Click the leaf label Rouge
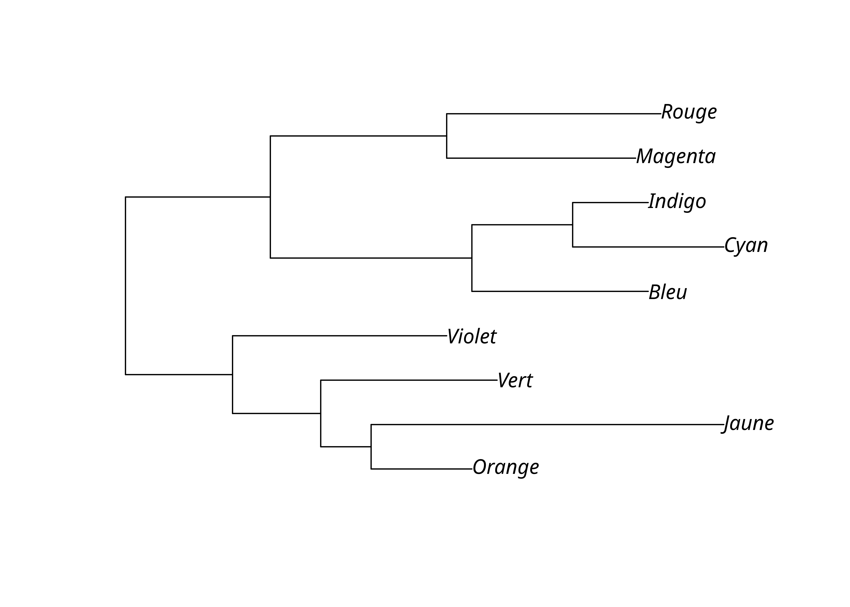pyautogui.click(x=689, y=112)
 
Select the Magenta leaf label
pyautogui.click(x=676, y=157)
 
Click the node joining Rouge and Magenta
pyautogui.click(x=447, y=136)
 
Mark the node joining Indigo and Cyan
pyautogui.click(x=573, y=225)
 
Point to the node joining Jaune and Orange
pyautogui.click(x=371, y=447)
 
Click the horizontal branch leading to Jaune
pyautogui.click(x=546, y=425)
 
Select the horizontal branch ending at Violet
pyautogui.click(x=339, y=336)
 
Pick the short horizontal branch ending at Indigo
pyautogui.click(x=610, y=203)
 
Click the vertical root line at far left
pyautogui.click(x=126, y=285)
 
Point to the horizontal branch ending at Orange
pyautogui.click(x=421, y=469)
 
